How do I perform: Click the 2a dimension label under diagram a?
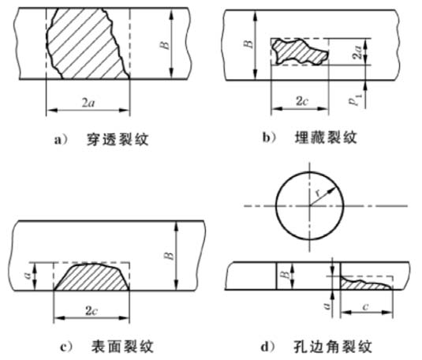pyautogui.click(x=88, y=103)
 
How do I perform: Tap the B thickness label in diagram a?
pyautogui.click(x=165, y=45)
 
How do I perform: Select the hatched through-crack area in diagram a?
pyautogui.click(x=87, y=43)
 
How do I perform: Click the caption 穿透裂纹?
pyautogui.click(x=118, y=140)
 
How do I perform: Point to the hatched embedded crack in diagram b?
pyautogui.click(x=300, y=52)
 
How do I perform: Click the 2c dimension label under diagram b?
pyautogui.click(x=302, y=101)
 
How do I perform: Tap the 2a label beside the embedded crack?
pyautogui.click(x=358, y=52)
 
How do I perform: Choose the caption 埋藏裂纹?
pyautogui.click(x=327, y=137)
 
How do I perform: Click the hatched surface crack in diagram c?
pyautogui.click(x=91, y=277)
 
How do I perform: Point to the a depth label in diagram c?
pyautogui.click(x=30, y=276)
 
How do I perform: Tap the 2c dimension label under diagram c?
pyautogui.click(x=91, y=311)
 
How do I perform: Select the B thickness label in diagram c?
pyautogui.click(x=170, y=255)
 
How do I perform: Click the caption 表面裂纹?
pyautogui.click(x=123, y=347)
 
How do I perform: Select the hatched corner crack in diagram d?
pyautogui.click(x=365, y=284)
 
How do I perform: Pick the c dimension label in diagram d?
pyautogui.click(x=365, y=306)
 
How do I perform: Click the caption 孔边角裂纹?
pyautogui.click(x=333, y=347)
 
